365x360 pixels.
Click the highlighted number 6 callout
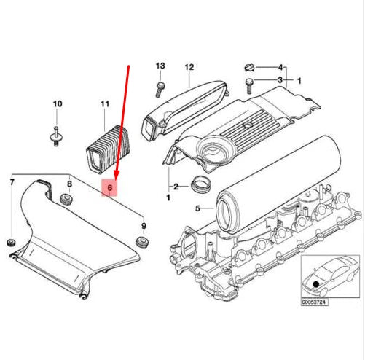(111, 188)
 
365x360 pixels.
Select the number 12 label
(189, 67)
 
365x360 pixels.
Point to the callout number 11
(105, 104)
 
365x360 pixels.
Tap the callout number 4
(280, 67)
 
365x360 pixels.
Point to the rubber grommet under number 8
(66, 200)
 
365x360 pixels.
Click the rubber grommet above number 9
(140, 242)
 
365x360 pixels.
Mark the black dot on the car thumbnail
(316, 283)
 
